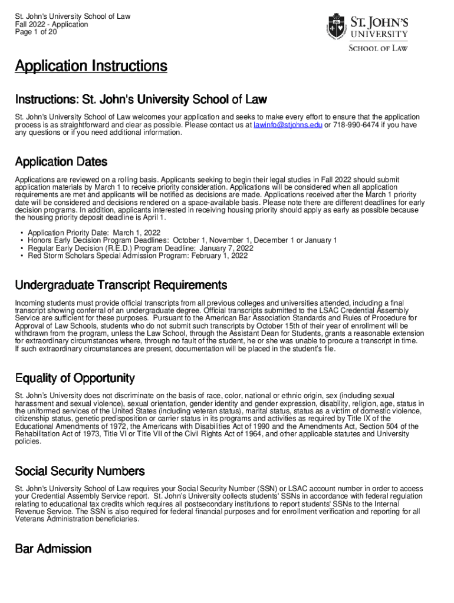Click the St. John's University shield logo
pos(336,26)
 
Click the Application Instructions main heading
pos(91,67)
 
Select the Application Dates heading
pos(61,161)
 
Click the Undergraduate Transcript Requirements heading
pos(121,286)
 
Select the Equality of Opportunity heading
pos(75,378)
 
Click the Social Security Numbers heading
pos(80,471)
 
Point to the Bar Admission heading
pos(53,549)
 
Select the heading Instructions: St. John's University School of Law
pos(141,99)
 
